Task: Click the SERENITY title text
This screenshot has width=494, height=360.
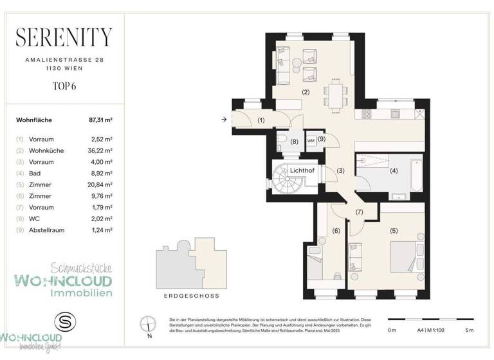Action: point(63,37)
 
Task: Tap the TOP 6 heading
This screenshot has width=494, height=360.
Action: point(63,84)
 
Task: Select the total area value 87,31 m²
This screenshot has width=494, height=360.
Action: point(100,120)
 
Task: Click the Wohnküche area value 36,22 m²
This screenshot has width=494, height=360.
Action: point(100,150)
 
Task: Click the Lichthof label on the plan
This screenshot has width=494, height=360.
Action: point(301,170)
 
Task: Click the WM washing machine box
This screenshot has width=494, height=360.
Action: point(311,140)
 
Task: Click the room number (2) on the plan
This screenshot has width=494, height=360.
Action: point(306,92)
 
